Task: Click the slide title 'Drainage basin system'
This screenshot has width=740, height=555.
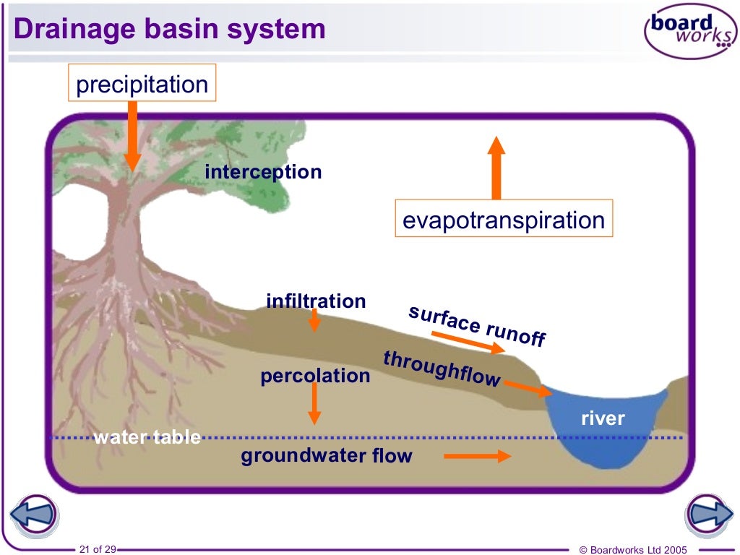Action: [x=170, y=29]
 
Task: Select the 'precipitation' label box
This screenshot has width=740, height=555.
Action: [x=142, y=85]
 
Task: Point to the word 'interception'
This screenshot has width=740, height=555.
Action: [x=263, y=172]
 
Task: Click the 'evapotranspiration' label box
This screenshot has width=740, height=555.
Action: [x=503, y=220]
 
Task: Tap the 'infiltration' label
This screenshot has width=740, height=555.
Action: [x=316, y=301]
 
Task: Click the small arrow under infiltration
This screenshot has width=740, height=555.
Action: [x=314, y=321]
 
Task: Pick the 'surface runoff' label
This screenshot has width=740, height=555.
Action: [x=477, y=326]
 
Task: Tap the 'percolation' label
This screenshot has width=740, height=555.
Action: [x=315, y=376]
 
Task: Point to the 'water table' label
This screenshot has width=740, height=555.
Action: [x=147, y=436]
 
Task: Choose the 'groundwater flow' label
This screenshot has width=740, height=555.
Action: [x=326, y=456]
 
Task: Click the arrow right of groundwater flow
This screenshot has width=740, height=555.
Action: [x=477, y=456]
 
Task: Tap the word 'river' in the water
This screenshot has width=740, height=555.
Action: [x=603, y=418]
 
